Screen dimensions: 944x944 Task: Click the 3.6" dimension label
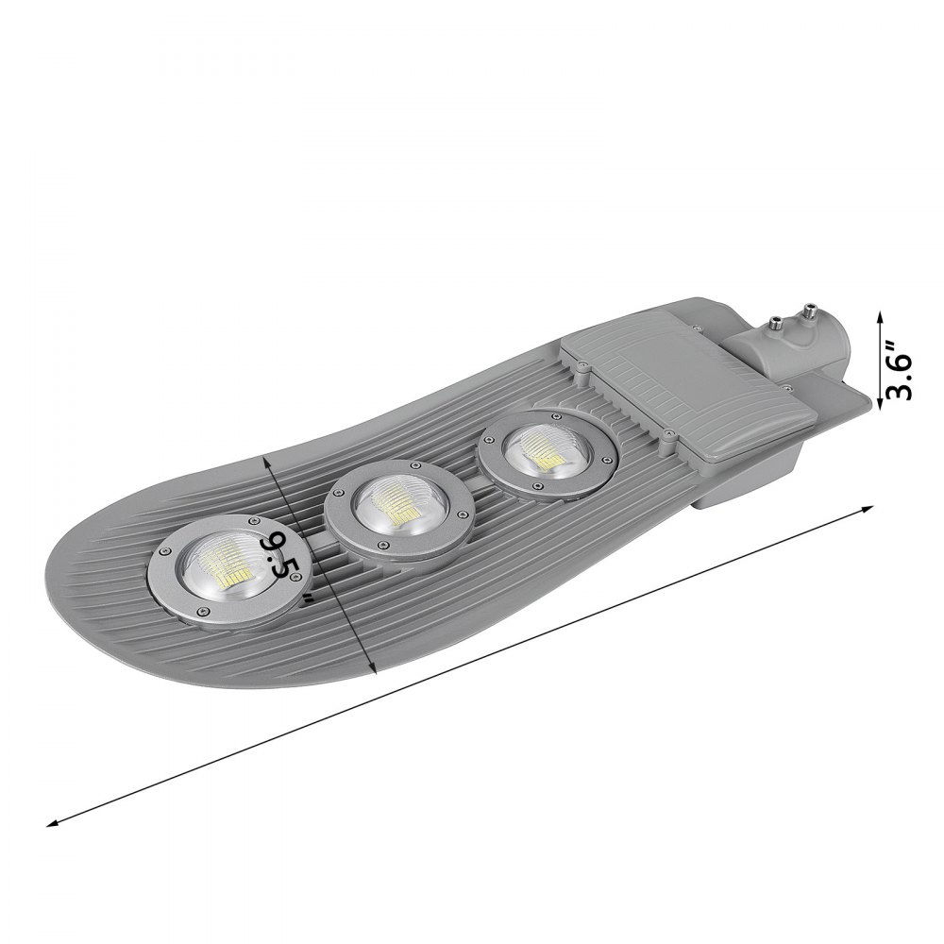click(902, 363)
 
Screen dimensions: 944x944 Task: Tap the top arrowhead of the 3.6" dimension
click(881, 315)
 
